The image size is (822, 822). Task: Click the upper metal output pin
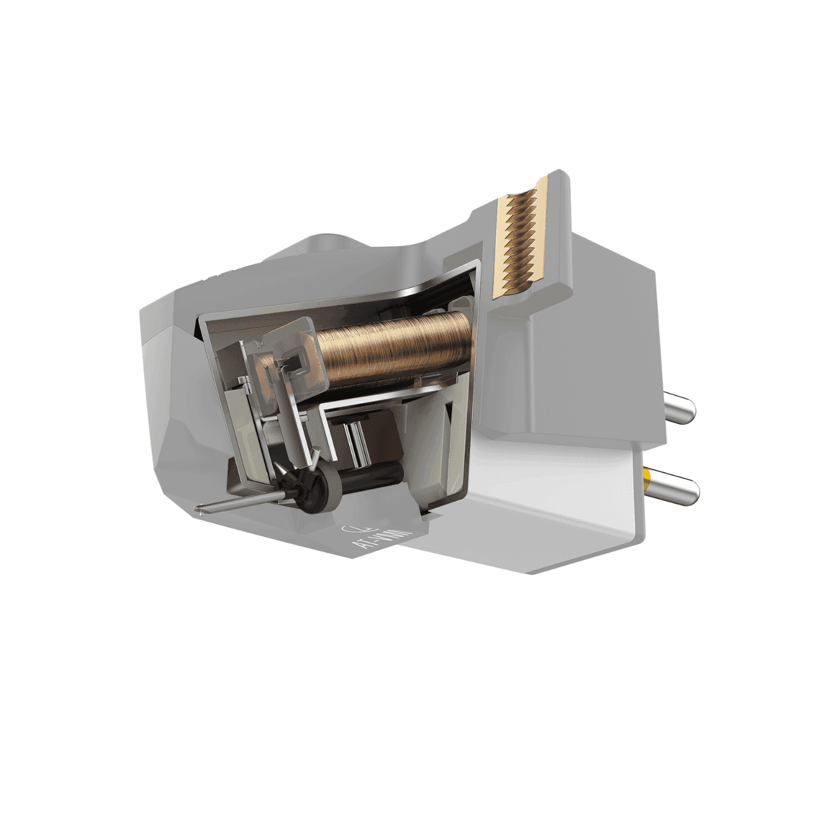point(679,409)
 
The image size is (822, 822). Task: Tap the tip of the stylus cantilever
point(200,511)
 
